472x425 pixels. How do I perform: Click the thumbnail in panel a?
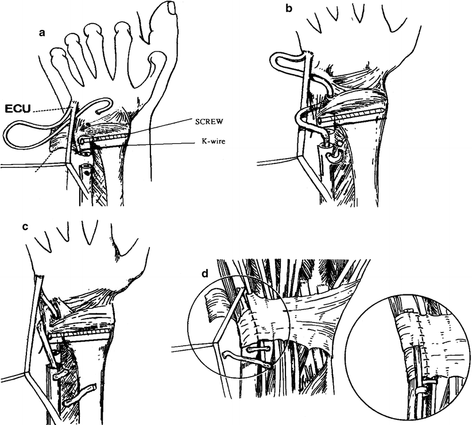(170, 7)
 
